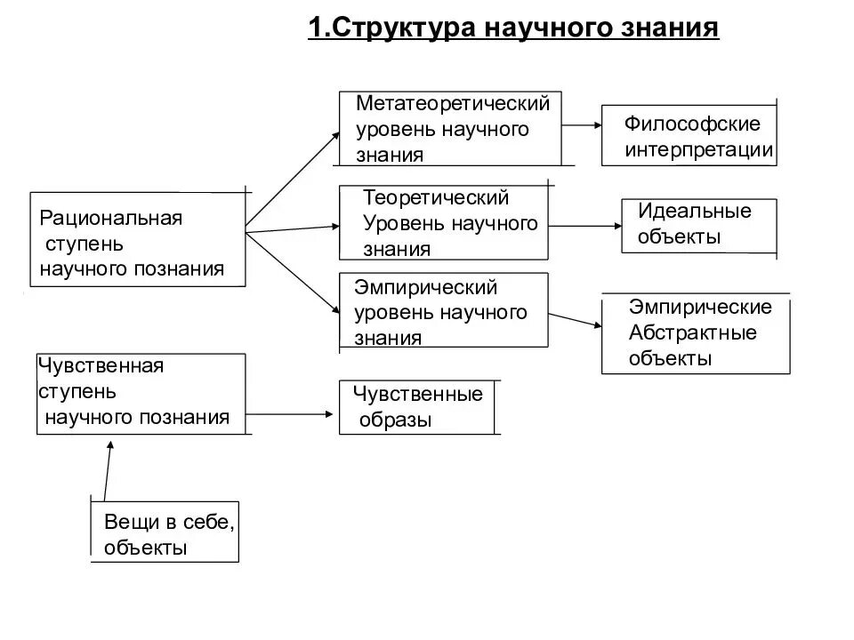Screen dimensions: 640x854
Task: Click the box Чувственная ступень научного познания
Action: pos(141,394)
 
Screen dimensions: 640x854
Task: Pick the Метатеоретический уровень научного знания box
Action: pos(451,128)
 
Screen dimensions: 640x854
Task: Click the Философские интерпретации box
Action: pos(689,135)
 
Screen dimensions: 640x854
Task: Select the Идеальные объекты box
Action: pos(698,225)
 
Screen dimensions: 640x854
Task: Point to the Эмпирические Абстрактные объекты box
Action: pos(696,333)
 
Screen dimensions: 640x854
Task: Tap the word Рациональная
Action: pos(111,218)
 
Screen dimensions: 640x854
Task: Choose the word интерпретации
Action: pos(698,148)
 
